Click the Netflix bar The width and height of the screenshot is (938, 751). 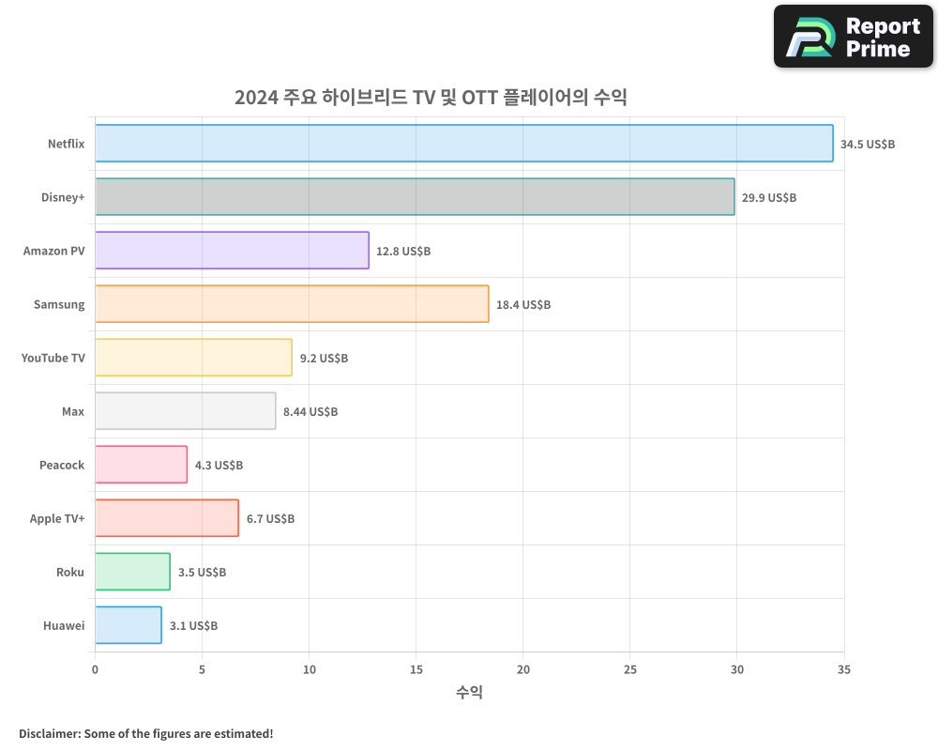click(x=463, y=144)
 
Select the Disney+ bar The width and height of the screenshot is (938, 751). click(x=415, y=197)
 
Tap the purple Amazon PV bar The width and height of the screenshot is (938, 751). click(x=232, y=251)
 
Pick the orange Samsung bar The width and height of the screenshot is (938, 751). click(x=292, y=304)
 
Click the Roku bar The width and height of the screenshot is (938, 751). click(x=132, y=572)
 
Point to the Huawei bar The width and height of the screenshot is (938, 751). click(x=128, y=625)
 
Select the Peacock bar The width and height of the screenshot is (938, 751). click(x=141, y=465)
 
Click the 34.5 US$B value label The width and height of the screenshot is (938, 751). click(x=868, y=145)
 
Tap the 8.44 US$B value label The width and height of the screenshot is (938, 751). click(x=310, y=412)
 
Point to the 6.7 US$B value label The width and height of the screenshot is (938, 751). click(x=270, y=519)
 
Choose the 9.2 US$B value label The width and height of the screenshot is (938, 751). click(x=324, y=359)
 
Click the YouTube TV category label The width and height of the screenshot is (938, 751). click(x=53, y=358)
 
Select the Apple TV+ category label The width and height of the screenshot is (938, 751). click(x=57, y=518)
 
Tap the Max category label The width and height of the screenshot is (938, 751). click(x=73, y=411)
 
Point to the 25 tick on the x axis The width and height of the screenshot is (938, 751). click(x=630, y=669)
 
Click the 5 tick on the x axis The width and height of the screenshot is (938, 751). click(x=202, y=669)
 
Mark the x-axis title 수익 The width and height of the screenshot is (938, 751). click(x=469, y=693)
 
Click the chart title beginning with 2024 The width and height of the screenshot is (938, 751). click(x=431, y=98)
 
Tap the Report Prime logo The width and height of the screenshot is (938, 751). click(x=853, y=37)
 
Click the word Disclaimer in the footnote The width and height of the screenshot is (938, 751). click(x=49, y=733)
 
